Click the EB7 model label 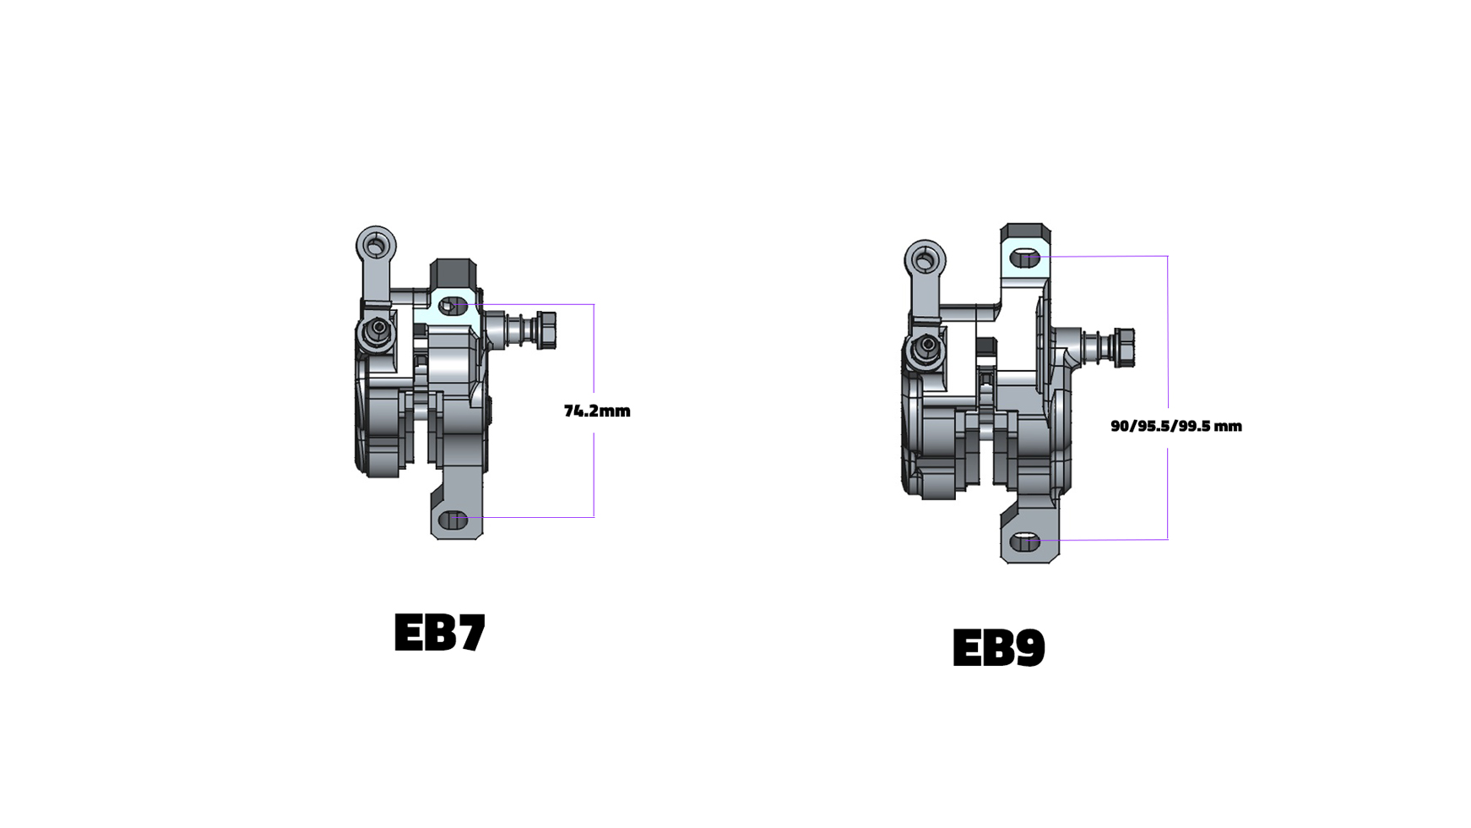[x=440, y=632]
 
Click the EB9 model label [x=999, y=648]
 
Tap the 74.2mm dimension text [x=597, y=411]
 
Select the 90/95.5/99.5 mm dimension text [x=1176, y=426]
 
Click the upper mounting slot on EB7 [x=453, y=306]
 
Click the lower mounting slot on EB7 [x=453, y=520]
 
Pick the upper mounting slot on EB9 [x=1024, y=258]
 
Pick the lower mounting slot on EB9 [x=1024, y=542]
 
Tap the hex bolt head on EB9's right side [x=1124, y=347]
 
